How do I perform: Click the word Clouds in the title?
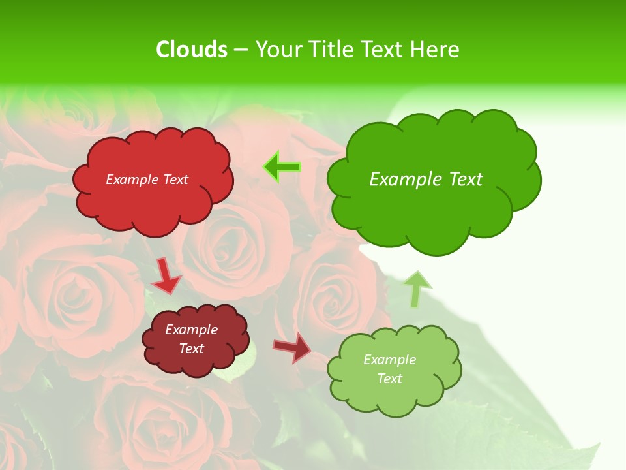pos(191,50)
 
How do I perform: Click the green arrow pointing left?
pos(282,167)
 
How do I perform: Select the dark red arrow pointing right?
pos(292,347)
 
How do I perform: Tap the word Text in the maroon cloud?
pos(192,349)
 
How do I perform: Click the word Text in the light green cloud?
pos(389,379)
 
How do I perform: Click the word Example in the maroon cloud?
pos(192,330)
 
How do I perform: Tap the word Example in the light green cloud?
pos(389,360)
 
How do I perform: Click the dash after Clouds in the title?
pos(241,50)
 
